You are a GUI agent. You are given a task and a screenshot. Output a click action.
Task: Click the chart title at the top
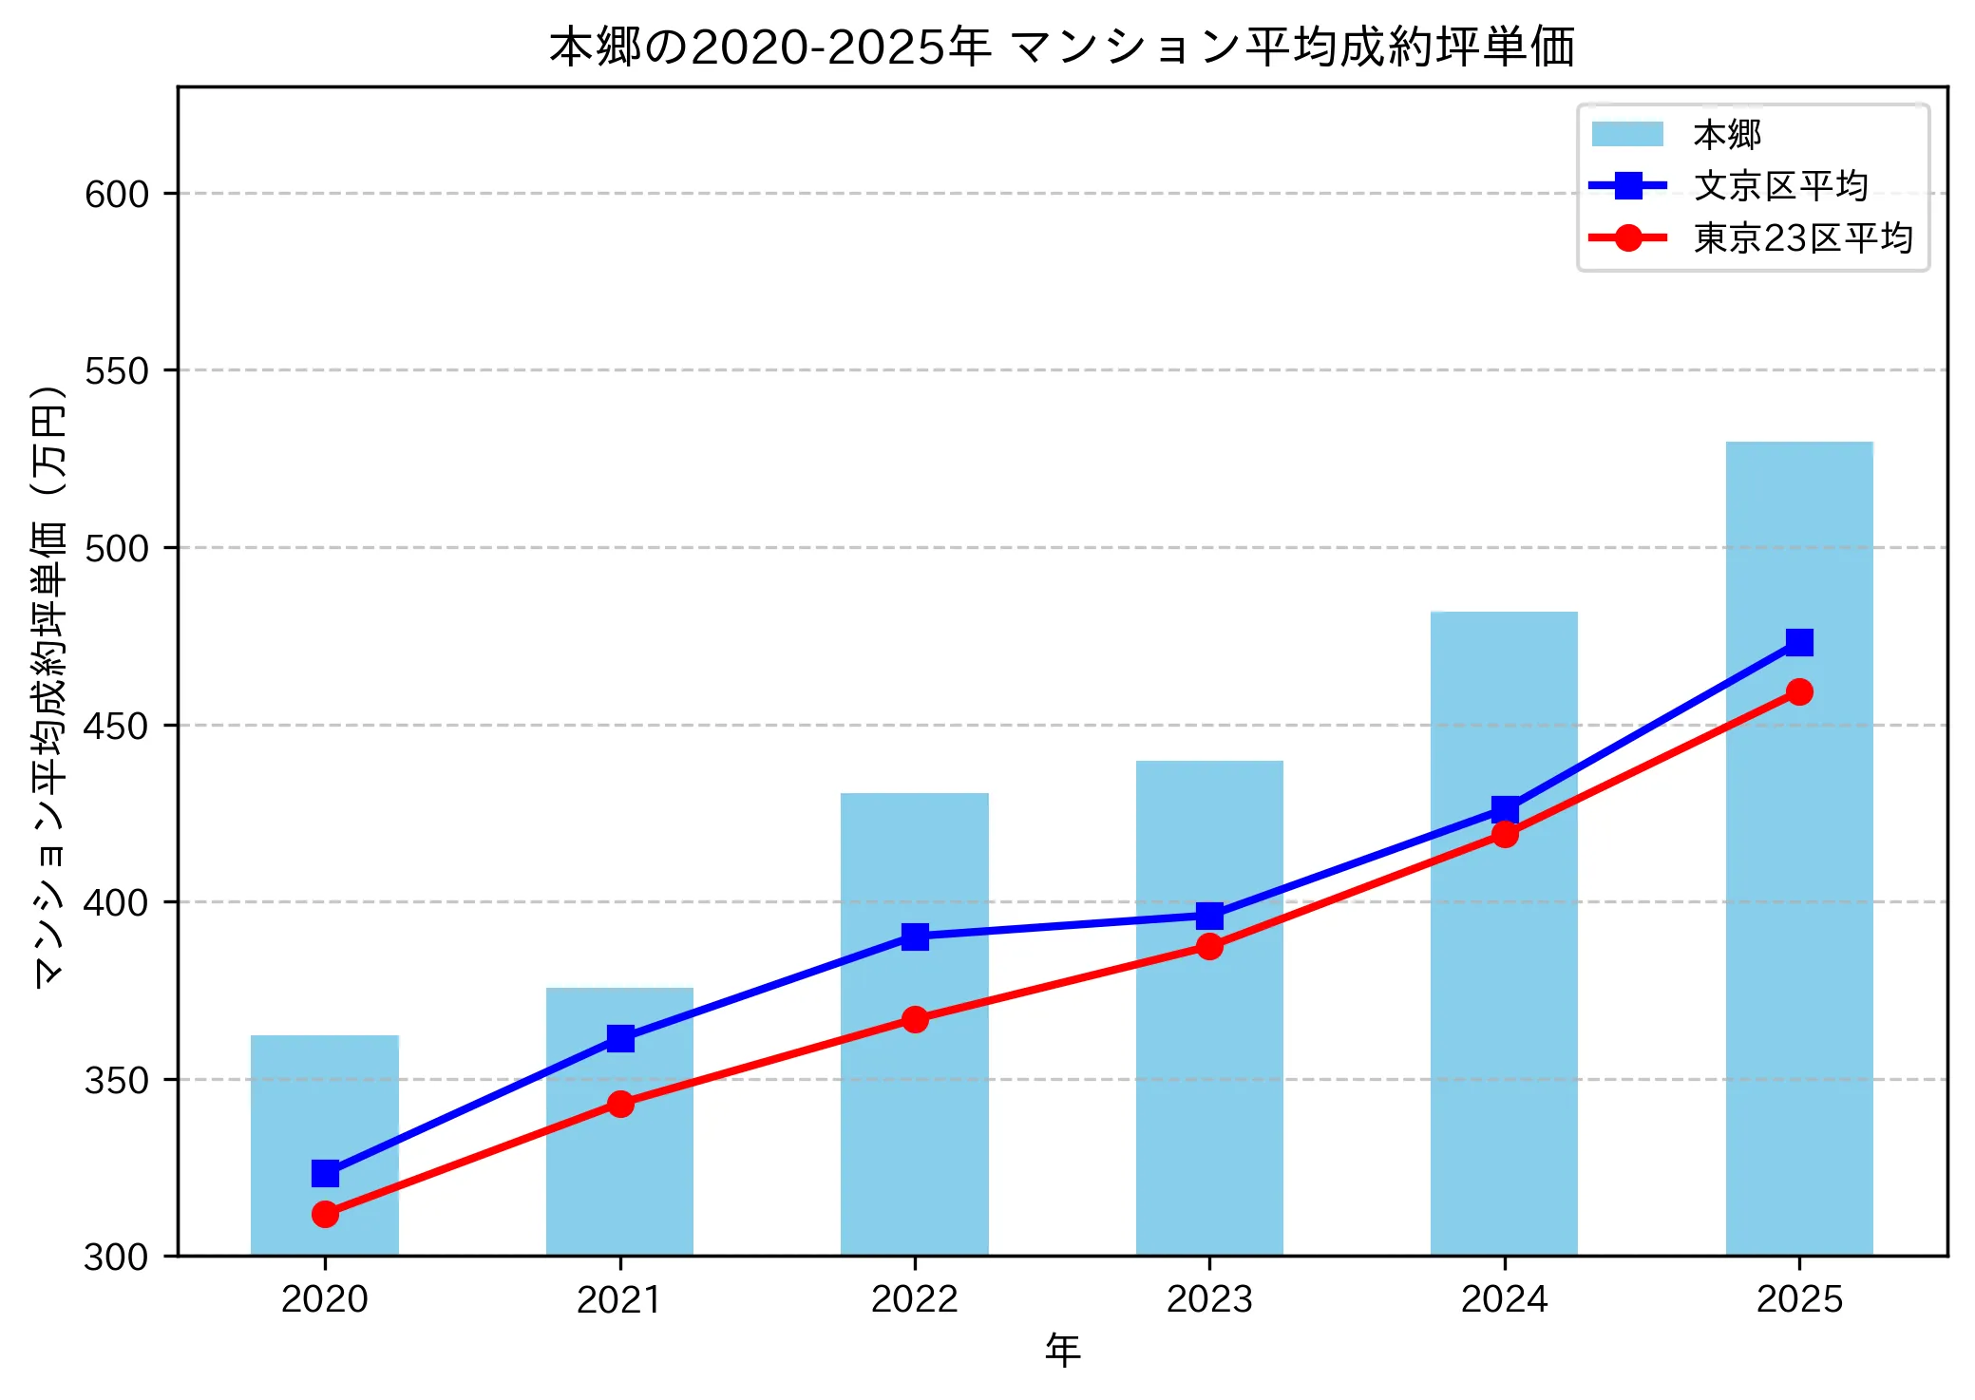(x=1062, y=47)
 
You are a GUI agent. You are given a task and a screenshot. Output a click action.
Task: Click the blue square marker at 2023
(x=1209, y=917)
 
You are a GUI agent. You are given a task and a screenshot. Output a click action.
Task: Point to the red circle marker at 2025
(x=1798, y=691)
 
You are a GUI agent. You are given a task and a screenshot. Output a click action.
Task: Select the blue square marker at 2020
(x=325, y=1174)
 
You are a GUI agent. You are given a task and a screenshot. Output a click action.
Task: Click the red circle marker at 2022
(x=915, y=1019)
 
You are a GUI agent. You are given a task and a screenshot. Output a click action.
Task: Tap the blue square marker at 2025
(x=1798, y=643)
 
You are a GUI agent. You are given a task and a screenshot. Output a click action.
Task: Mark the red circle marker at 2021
(x=620, y=1104)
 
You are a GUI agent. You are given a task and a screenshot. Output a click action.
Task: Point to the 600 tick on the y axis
(x=117, y=194)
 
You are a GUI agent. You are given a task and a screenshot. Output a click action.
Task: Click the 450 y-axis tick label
(x=117, y=727)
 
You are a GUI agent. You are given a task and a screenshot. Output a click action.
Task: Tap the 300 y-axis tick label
(x=117, y=1258)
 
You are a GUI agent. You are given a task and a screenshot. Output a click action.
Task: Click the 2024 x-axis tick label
(x=1504, y=1299)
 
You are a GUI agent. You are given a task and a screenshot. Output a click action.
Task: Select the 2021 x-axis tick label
(x=620, y=1299)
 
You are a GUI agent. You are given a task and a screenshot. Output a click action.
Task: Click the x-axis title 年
(x=1062, y=1350)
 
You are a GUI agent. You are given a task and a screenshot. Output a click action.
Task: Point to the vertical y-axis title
(x=49, y=687)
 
